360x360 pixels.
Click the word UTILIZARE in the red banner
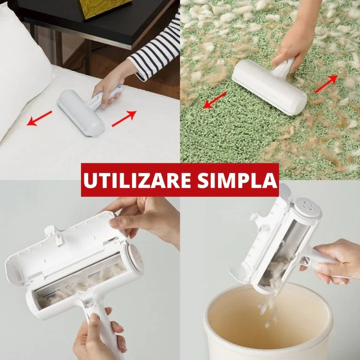tap(137, 179)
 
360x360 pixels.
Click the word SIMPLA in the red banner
tap(237, 179)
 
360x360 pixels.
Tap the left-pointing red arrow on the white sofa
tap(40, 118)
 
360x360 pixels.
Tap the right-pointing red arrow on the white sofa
tap(124, 118)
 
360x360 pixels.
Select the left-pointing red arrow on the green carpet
tap(214, 100)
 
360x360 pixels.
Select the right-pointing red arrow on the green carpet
tap(326, 84)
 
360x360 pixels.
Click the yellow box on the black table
tap(104, 8)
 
